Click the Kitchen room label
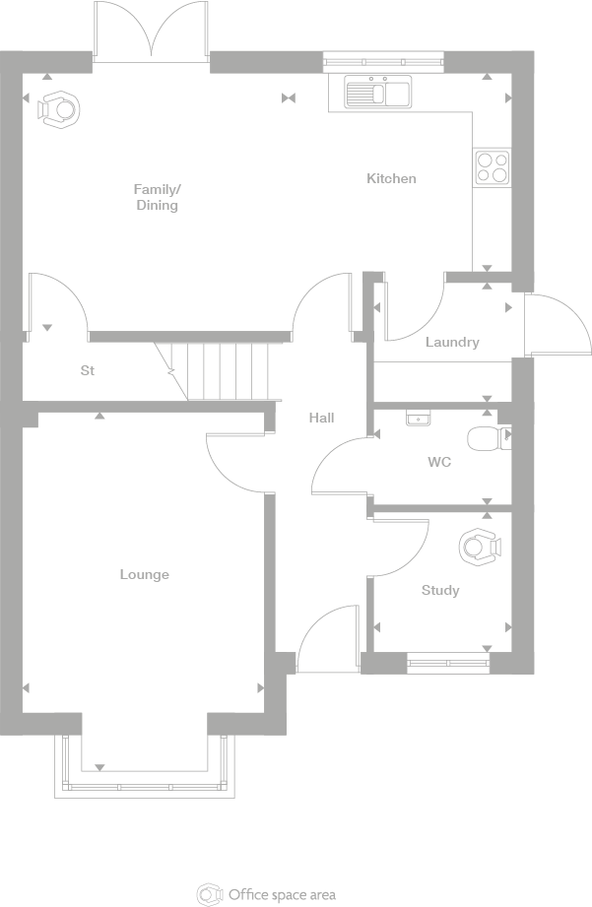point(391,178)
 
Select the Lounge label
point(145,574)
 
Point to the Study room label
point(440,590)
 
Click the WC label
point(439,461)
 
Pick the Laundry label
point(452,342)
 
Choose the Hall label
point(321,418)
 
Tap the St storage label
point(87,371)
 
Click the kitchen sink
point(378,93)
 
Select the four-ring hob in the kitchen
point(492,166)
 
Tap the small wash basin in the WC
point(419,418)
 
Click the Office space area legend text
point(282,894)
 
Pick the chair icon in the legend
point(210,894)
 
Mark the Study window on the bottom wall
point(448,663)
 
